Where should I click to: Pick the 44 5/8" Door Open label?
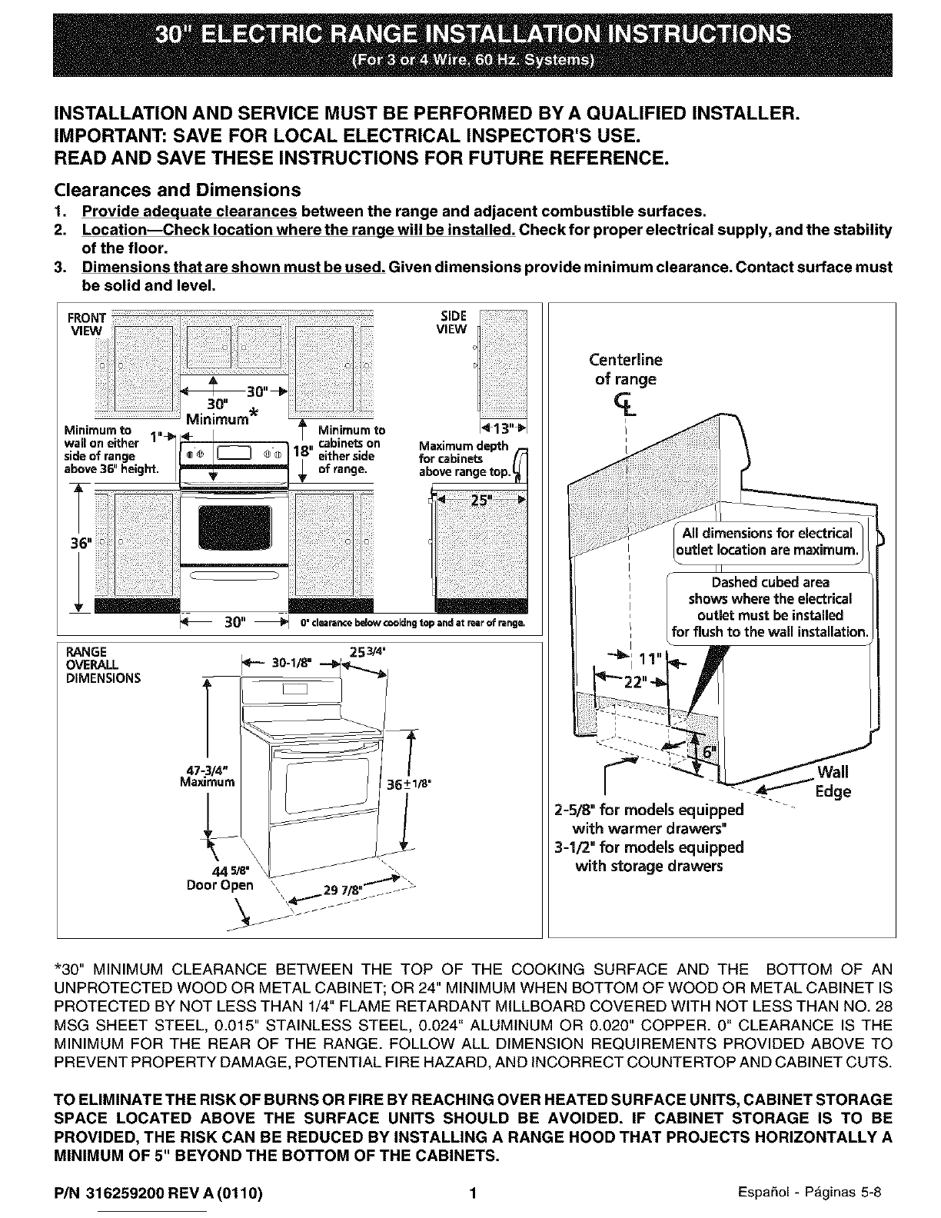click(x=221, y=877)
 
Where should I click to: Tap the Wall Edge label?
click(x=833, y=781)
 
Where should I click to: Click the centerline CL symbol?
click(x=636, y=402)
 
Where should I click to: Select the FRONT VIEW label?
click(x=87, y=324)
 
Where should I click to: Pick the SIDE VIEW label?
click(x=451, y=322)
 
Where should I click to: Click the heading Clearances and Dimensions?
click(x=176, y=189)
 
